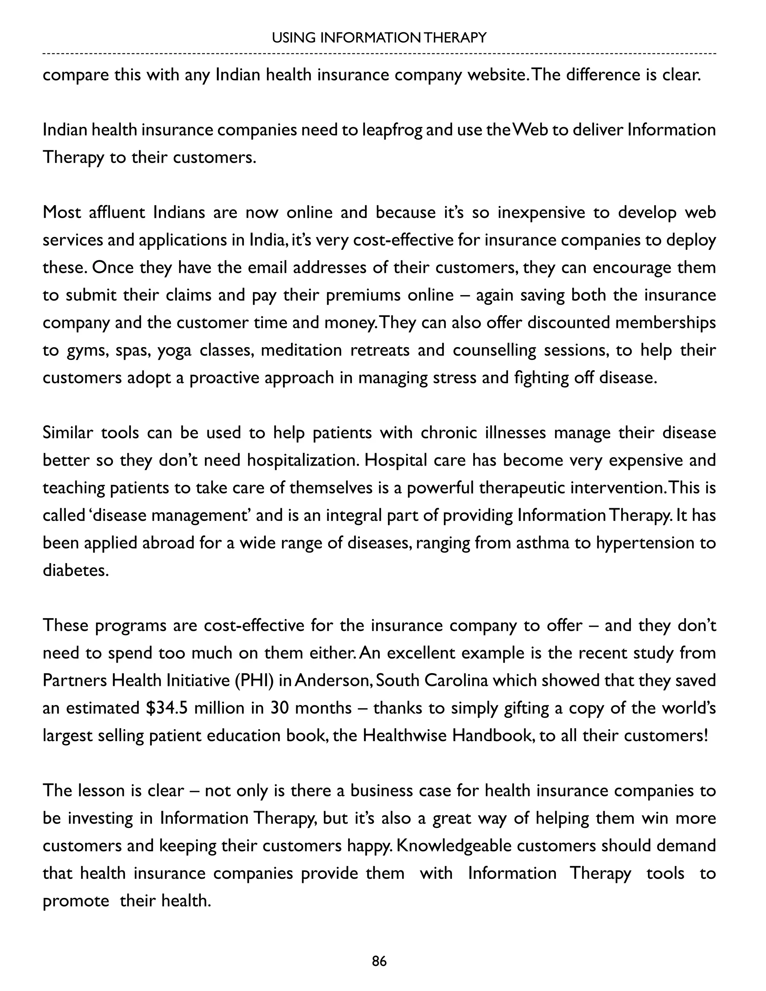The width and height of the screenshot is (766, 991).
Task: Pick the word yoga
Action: [x=174, y=351]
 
